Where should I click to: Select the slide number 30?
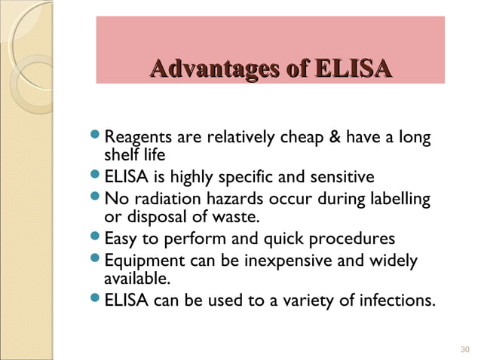464,349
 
